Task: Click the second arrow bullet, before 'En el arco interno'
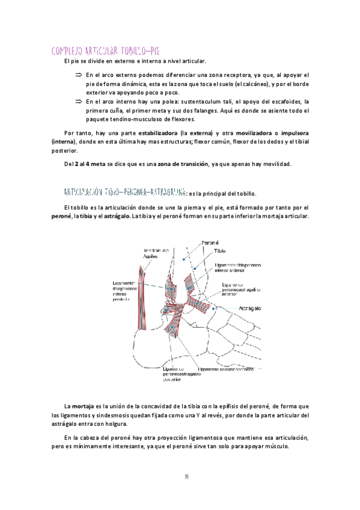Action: (x=78, y=101)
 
